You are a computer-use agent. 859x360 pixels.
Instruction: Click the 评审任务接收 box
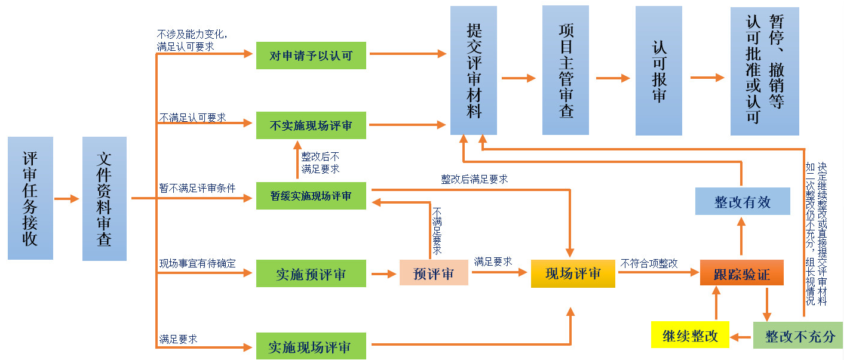coord(30,198)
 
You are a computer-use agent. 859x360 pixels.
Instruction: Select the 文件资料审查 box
coord(105,198)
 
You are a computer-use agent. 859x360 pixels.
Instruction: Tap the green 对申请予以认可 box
coord(311,56)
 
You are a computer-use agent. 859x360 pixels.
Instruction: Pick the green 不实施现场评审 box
coord(311,125)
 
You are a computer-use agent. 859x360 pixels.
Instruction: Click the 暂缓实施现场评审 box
coord(311,196)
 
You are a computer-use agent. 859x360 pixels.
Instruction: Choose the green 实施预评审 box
coord(311,274)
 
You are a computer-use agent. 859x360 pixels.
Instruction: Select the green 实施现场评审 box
coord(311,346)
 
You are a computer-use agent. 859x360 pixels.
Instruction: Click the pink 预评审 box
coord(434,273)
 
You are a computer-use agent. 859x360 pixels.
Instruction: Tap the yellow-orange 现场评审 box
coord(573,273)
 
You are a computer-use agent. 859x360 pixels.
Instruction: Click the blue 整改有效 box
coord(743,201)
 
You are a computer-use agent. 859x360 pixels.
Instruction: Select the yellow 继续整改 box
coord(690,335)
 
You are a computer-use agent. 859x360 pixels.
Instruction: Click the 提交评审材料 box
coord(474,70)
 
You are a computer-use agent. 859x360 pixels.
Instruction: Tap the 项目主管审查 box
coord(565,70)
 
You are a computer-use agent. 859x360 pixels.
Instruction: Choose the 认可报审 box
coord(659,70)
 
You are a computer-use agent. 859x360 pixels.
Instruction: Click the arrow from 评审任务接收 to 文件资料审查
coord(67,199)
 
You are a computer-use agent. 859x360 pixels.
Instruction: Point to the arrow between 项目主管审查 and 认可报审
coord(613,78)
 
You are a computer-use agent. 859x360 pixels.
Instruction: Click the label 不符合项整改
coord(649,263)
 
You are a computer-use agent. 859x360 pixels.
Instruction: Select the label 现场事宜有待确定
coord(197,263)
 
